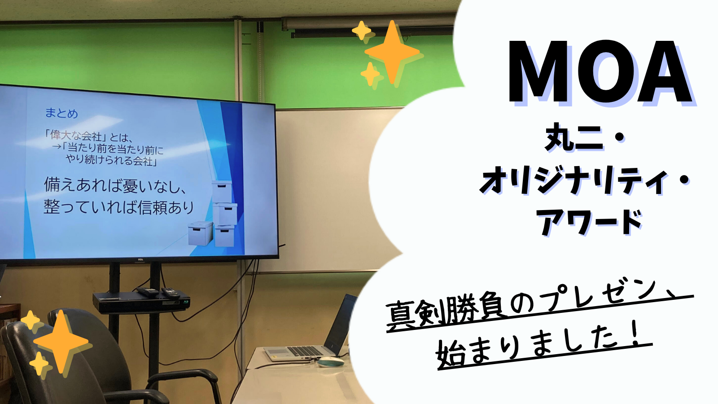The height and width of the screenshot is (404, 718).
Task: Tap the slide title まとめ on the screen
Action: [x=61, y=113]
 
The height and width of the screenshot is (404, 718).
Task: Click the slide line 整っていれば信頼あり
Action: [x=118, y=207]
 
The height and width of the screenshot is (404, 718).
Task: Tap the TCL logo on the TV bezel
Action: [x=140, y=259]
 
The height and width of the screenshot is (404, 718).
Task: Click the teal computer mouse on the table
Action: [x=330, y=362]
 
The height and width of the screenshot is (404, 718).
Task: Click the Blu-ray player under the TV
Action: [x=141, y=303]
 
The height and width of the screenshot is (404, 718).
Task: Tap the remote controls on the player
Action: [x=158, y=292]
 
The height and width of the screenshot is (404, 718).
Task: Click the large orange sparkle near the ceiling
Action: [x=392, y=52]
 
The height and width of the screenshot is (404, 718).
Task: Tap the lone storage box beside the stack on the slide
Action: [x=200, y=233]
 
